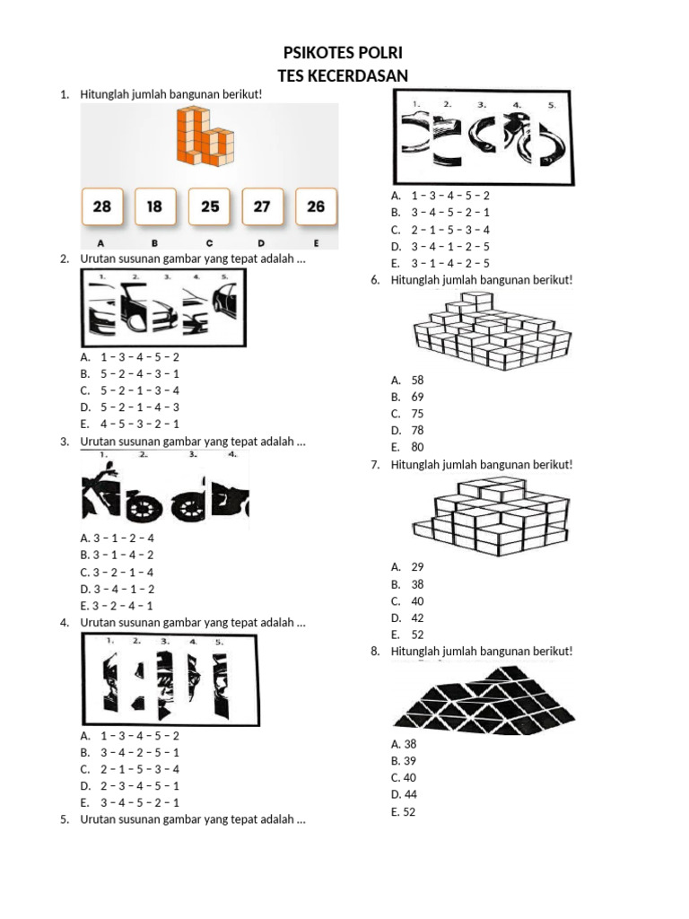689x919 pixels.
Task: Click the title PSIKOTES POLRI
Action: point(343,53)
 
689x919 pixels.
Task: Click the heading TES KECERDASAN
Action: point(343,76)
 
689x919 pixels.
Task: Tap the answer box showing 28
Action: point(102,206)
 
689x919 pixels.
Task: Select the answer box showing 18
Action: point(154,206)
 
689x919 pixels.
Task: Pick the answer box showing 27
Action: point(262,206)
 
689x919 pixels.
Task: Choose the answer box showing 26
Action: point(316,206)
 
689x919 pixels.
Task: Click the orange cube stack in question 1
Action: point(205,136)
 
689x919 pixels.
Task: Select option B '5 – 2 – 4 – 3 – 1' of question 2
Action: point(130,374)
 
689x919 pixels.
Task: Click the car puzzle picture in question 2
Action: point(163,308)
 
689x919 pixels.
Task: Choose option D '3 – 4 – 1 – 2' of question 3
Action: point(118,589)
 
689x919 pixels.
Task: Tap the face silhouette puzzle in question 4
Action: point(170,680)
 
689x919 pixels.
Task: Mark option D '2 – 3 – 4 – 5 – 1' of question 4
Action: point(130,786)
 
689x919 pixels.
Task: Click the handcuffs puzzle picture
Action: point(483,137)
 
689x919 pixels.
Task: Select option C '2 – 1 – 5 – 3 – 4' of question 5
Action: point(440,230)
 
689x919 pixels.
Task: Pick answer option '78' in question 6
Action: point(407,430)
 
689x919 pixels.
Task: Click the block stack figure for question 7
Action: point(491,516)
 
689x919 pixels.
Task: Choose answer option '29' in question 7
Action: point(407,567)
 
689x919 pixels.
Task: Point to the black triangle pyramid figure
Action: point(484,700)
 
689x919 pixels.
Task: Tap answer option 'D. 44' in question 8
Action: point(404,795)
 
